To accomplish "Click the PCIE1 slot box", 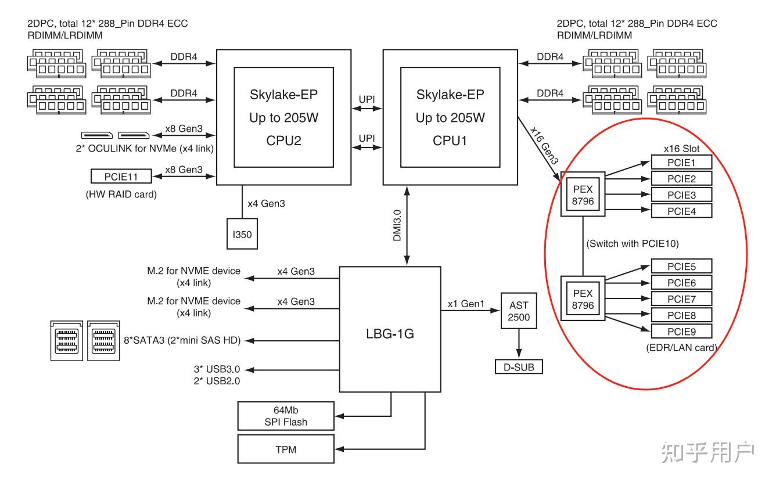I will (681, 163).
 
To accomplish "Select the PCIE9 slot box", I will (681, 332).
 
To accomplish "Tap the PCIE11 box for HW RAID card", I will (120, 175).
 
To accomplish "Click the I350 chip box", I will (241, 234).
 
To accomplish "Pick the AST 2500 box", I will (518, 311).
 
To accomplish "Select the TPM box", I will (286, 449).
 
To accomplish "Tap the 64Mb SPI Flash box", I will (286, 416).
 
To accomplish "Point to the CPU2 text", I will (283, 141).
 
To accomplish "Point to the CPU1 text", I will (450, 141).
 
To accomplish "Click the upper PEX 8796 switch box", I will (583, 195).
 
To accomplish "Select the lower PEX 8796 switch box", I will (583, 298).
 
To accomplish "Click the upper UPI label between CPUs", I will (367, 99).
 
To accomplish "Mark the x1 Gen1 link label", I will (466, 303).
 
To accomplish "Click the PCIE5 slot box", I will (681, 266).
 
